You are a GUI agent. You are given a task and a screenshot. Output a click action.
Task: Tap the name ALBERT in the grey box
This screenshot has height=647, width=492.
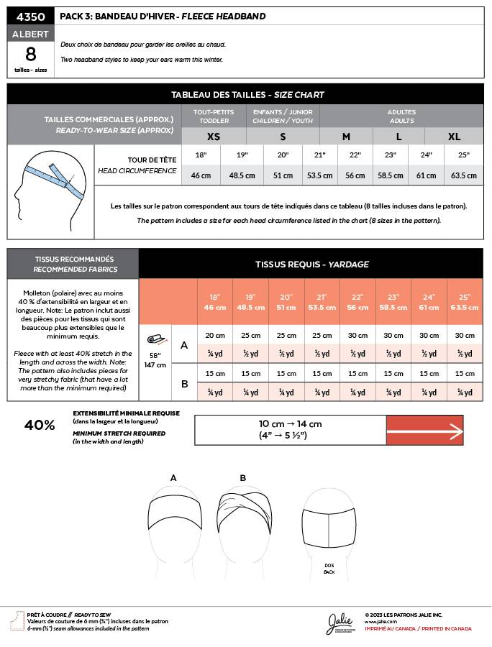coord(30,34)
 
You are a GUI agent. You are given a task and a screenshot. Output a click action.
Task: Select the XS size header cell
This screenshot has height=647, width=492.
coord(214,137)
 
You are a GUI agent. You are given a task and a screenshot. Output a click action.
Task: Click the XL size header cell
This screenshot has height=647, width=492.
coord(454,137)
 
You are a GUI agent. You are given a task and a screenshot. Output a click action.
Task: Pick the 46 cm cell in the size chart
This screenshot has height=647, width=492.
coord(201,175)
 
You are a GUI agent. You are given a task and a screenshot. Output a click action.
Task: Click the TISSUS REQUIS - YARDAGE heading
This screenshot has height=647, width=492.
coord(311,264)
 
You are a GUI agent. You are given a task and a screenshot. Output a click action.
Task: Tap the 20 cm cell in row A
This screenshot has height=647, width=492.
coord(214,335)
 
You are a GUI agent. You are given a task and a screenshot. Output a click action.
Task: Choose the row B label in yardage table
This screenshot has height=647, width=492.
coord(184,384)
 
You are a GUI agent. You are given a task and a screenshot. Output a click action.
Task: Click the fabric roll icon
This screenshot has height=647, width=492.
coord(155,339)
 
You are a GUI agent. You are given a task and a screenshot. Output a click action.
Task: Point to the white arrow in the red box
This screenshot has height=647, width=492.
coord(424,431)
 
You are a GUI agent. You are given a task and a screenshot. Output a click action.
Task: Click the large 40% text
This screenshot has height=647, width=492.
coord(40,425)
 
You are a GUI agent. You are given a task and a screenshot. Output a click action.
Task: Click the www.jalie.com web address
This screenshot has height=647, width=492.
coord(376,622)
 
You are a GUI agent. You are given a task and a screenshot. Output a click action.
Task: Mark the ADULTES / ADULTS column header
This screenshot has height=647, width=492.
coord(401,116)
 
